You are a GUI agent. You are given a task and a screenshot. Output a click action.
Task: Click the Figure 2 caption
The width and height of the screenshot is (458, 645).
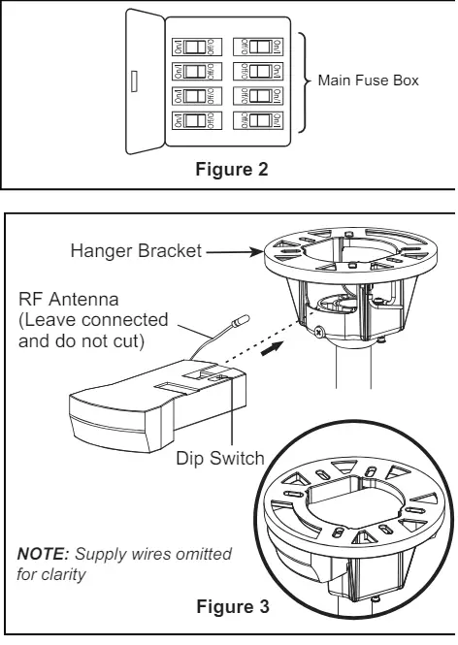[x=232, y=169]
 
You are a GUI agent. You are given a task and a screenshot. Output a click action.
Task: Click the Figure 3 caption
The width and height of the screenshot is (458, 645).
[x=233, y=606]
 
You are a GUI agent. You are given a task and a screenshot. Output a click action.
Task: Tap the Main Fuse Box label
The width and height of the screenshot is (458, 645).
[x=369, y=81]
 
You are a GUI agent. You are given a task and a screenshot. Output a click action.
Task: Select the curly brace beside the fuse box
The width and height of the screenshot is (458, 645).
[x=305, y=82]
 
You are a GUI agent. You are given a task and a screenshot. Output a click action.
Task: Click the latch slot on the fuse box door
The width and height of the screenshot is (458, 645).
[x=134, y=81]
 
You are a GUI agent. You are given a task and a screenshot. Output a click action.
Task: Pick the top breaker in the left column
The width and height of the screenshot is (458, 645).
[x=197, y=47]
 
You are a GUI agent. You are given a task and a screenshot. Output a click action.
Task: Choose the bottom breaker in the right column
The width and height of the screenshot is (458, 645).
[x=258, y=121]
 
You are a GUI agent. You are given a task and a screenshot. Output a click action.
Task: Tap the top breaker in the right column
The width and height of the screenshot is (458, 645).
[x=258, y=47]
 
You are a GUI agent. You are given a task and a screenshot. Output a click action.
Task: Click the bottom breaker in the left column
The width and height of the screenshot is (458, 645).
[x=197, y=121]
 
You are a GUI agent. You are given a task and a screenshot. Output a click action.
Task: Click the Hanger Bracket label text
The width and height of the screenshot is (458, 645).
[x=136, y=250]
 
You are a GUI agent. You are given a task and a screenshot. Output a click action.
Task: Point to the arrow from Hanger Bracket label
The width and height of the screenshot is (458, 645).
[x=234, y=252]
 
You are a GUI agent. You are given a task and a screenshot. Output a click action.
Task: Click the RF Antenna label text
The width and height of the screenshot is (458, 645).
[x=68, y=299]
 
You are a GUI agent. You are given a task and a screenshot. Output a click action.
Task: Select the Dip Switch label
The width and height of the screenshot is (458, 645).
[x=220, y=458]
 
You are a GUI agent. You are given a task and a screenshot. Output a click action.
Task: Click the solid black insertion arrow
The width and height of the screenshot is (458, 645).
[x=272, y=348]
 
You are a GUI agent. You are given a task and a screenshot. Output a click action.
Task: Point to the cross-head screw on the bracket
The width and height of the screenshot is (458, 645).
[x=318, y=332]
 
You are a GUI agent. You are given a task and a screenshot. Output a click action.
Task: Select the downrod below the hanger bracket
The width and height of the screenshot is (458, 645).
[x=354, y=366]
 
